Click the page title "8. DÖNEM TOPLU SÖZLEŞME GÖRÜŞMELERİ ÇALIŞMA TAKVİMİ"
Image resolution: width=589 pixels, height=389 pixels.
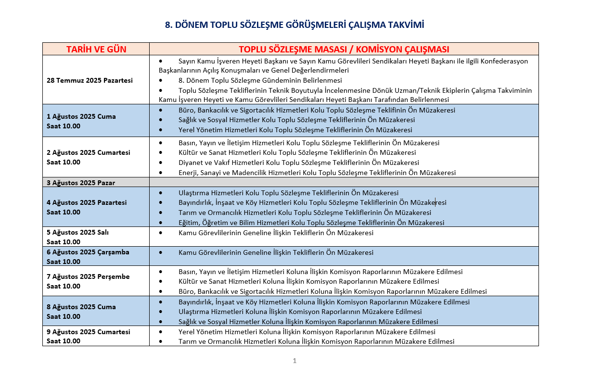(294, 25)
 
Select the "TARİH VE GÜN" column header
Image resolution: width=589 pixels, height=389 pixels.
(96, 50)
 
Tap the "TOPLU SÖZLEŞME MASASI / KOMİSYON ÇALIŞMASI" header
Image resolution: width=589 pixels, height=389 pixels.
(344, 50)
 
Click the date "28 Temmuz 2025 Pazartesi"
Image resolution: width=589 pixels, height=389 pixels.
(90, 80)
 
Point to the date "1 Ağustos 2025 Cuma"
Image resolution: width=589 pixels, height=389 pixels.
(81, 116)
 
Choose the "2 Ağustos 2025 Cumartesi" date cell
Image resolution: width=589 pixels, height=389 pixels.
(88, 152)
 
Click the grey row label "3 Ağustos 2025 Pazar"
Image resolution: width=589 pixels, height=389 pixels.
(81, 183)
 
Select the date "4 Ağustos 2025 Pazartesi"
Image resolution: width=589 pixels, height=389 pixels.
(87, 202)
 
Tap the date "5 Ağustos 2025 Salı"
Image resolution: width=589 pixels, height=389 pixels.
(77, 232)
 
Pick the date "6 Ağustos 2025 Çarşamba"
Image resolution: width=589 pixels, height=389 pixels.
(88, 252)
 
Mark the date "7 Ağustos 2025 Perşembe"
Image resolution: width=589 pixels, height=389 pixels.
(88, 276)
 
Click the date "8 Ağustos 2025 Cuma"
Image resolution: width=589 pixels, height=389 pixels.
(81, 307)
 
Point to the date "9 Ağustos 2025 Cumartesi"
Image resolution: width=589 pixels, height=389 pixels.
(88, 332)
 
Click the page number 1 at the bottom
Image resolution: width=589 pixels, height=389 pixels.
(294, 361)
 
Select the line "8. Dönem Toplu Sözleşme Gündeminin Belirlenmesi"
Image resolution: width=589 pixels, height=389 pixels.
(260, 80)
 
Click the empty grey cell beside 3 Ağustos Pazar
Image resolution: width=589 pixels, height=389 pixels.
(344, 182)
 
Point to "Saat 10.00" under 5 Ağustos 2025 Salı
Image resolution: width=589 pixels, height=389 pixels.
(64, 242)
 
